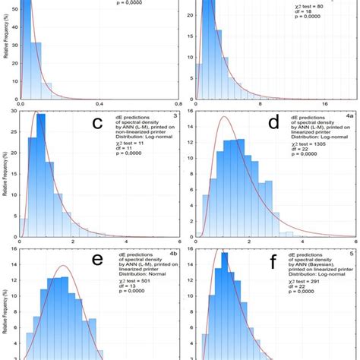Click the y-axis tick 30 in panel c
tap(13, 111)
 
